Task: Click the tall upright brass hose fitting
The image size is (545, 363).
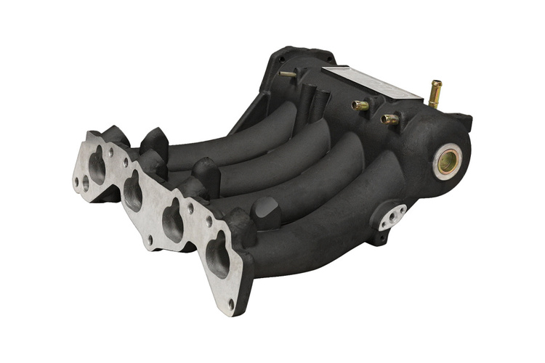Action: click(436, 94)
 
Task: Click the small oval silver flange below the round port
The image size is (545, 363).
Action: click(393, 216)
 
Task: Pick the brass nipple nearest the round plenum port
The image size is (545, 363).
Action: click(390, 118)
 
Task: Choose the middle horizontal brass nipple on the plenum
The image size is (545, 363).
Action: click(360, 105)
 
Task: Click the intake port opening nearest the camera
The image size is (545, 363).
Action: click(217, 258)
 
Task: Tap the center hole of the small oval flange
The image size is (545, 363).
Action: click(393, 216)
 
